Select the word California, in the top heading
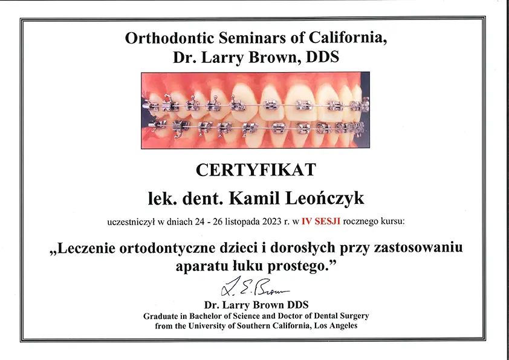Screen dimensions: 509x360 348,38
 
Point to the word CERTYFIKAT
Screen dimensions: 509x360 256,169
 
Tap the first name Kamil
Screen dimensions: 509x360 254,198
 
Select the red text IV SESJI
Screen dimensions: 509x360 321,221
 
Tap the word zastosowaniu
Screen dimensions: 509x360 418,249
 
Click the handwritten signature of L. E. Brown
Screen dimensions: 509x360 255,287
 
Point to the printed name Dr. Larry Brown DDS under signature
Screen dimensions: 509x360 256,305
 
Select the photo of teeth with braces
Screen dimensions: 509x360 256,111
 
